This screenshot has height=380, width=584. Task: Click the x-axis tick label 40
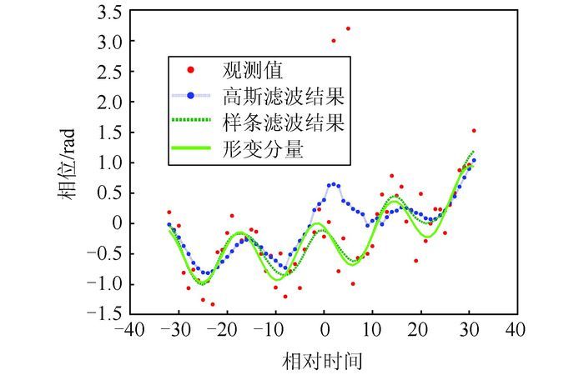click(x=516, y=331)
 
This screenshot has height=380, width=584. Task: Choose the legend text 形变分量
click(x=262, y=150)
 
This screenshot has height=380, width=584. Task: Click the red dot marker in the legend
click(x=191, y=68)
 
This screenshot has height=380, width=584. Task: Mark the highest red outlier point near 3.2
click(x=348, y=28)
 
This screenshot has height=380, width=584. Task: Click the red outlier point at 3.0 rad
click(x=333, y=40)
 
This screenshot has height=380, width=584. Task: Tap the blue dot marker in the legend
click(x=191, y=95)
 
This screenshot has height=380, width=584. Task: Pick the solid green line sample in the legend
click(x=191, y=150)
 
